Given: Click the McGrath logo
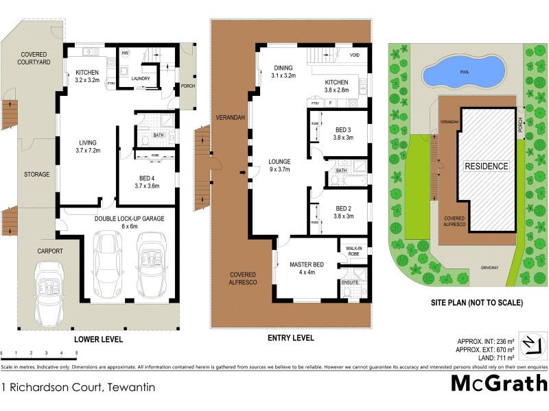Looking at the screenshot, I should tap(499, 382).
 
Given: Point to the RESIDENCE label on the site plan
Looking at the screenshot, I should tap(487, 166).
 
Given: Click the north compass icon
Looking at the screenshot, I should tap(530, 343).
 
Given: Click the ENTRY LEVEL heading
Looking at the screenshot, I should tap(290, 338).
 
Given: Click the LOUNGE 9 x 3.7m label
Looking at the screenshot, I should tap(280, 166).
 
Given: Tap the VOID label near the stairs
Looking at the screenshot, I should tap(355, 55).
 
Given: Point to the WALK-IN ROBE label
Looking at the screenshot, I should tap(354, 251).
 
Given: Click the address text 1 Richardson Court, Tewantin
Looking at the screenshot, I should tap(78, 387).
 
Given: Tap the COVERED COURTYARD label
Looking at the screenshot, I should tap(34, 58).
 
